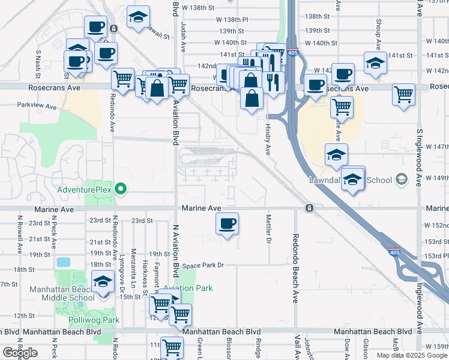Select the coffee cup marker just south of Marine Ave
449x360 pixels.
click(x=227, y=224)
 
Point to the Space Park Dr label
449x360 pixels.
click(x=203, y=265)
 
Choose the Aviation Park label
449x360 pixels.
click(x=189, y=288)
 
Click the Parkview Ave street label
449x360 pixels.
click(x=37, y=106)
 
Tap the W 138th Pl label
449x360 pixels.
click(x=231, y=19)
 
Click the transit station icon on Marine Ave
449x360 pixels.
click(x=309, y=208)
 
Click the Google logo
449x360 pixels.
click(x=20, y=353)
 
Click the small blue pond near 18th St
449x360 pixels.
click(x=62, y=262)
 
